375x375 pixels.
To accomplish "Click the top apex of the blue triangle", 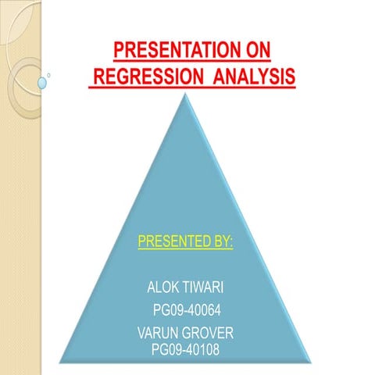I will [x=185, y=95].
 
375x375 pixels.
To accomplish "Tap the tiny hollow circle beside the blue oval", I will [x=49, y=75].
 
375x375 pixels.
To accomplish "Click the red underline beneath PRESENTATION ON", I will [x=192, y=63].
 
